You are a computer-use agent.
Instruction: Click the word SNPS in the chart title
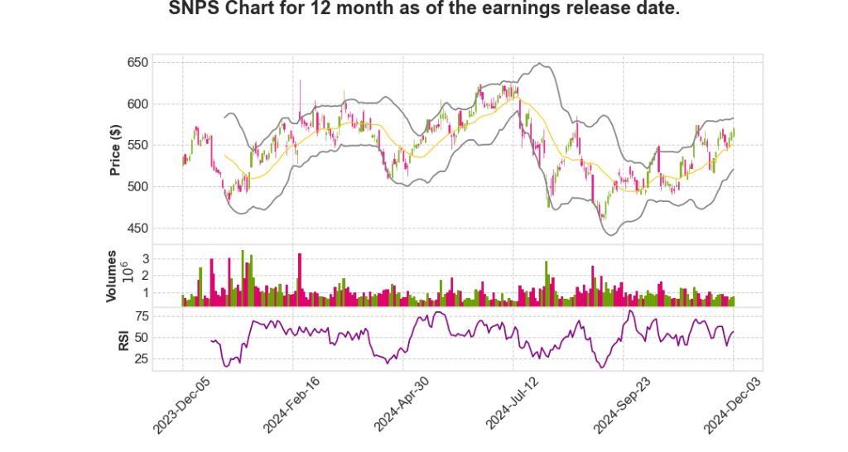coord(193,11)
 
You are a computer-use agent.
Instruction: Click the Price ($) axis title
coord(117,150)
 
